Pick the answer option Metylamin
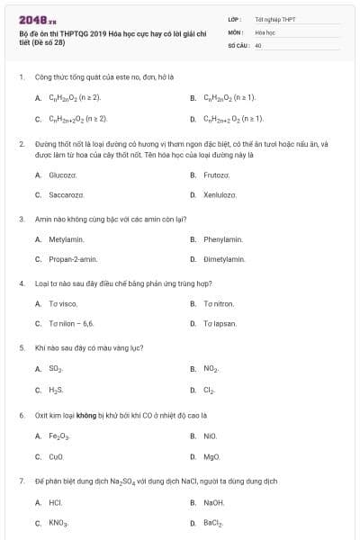(x=66, y=239)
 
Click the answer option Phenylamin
(x=223, y=239)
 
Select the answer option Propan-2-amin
(x=72, y=259)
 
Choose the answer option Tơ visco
(x=63, y=303)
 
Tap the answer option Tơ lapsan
(x=220, y=323)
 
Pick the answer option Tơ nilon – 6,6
(x=71, y=323)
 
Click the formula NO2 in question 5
(x=211, y=368)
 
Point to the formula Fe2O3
(x=58, y=436)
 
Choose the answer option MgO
(x=211, y=456)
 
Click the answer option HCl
(x=56, y=502)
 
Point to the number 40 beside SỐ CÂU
(x=258, y=44)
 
